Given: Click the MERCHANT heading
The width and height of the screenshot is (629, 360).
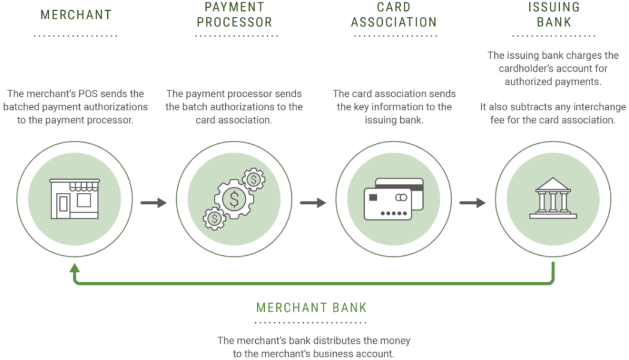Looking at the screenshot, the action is click(x=76, y=15).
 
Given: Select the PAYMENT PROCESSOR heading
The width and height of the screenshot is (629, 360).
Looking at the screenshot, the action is click(x=235, y=14).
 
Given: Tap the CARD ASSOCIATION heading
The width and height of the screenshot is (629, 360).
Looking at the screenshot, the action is click(x=394, y=14).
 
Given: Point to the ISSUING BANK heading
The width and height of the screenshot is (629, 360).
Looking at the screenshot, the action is click(x=554, y=14).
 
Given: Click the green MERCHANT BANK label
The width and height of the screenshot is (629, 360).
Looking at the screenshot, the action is click(x=312, y=308).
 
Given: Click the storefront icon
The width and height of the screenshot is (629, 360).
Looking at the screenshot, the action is click(x=75, y=199).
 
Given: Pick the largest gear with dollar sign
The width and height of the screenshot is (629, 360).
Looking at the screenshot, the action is click(x=234, y=199).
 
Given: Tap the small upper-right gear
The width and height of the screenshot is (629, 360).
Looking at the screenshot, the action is click(x=253, y=179).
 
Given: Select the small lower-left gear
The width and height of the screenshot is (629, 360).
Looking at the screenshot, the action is click(x=214, y=219).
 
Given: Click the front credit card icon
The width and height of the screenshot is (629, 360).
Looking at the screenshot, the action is click(x=388, y=204).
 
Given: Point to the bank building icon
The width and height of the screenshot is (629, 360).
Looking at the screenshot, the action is click(x=553, y=198).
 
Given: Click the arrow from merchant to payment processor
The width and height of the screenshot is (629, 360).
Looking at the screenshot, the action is click(x=153, y=202).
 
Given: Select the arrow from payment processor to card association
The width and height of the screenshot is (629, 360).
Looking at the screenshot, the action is click(x=313, y=202).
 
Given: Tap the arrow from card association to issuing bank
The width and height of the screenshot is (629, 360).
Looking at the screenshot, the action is click(x=473, y=202).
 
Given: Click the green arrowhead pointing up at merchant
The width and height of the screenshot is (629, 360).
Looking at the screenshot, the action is click(x=75, y=268).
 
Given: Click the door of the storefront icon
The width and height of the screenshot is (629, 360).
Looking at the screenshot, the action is click(x=63, y=204).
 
